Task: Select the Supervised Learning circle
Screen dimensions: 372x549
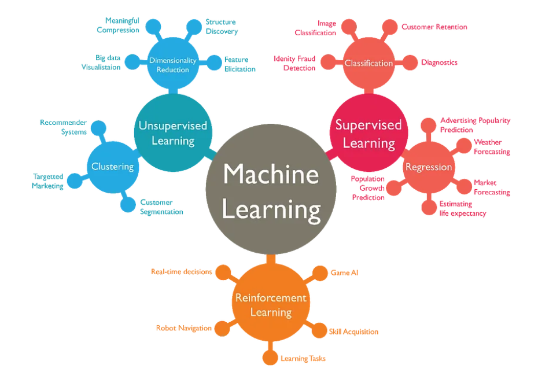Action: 368,134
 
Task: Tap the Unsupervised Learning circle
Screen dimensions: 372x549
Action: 172,133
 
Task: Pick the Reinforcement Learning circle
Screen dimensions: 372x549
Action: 270,304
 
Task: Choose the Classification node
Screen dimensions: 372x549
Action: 369,63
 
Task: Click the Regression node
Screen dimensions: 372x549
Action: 428,167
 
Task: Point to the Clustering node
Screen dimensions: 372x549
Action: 112,167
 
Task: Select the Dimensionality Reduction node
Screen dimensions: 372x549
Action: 172,65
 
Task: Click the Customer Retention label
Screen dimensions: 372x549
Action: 434,27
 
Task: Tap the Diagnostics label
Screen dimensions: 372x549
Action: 439,62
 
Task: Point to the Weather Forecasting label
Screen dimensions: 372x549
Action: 492,147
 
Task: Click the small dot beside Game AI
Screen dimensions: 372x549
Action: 319,272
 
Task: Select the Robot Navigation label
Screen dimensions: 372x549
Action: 183,328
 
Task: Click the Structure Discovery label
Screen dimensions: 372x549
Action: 221,27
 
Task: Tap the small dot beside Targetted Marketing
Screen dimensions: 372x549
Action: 73,181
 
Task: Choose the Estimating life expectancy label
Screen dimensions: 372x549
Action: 462,208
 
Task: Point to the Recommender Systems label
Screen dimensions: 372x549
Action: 63,127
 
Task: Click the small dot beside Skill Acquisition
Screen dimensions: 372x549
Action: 319,331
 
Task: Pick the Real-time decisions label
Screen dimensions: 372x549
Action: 181,271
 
